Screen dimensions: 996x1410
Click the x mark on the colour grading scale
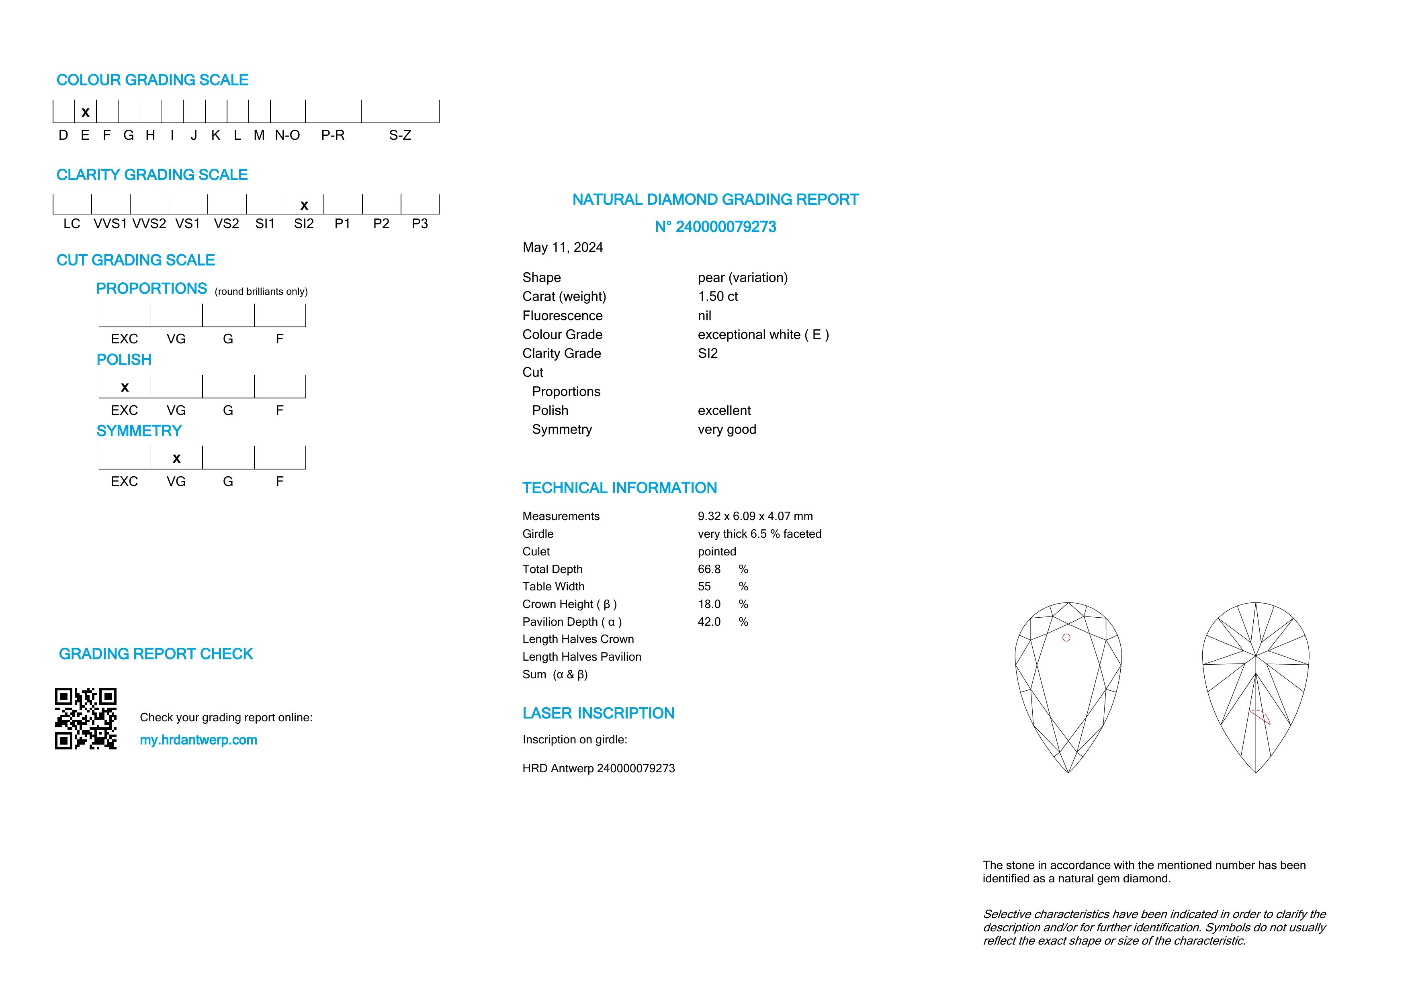point(85,112)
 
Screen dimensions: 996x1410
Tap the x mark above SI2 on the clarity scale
point(304,206)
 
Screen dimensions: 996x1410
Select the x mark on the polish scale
point(125,387)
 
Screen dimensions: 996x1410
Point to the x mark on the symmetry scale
point(176,458)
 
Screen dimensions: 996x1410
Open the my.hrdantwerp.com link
point(199,740)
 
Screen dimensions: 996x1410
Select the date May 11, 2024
point(563,247)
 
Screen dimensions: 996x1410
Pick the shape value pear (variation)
point(743,278)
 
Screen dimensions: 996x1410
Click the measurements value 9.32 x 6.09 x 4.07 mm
point(755,516)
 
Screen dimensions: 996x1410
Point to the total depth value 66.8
point(709,569)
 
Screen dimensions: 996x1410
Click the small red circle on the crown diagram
point(1066,638)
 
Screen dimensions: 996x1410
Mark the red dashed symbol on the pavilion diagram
point(1260,716)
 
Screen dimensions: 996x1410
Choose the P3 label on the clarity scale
point(420,224)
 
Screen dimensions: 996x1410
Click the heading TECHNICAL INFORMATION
point(619,488)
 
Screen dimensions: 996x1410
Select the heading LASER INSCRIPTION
point(598,713)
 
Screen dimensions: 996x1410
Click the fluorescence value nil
point(704,315)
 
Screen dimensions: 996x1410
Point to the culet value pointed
point(717,552)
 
